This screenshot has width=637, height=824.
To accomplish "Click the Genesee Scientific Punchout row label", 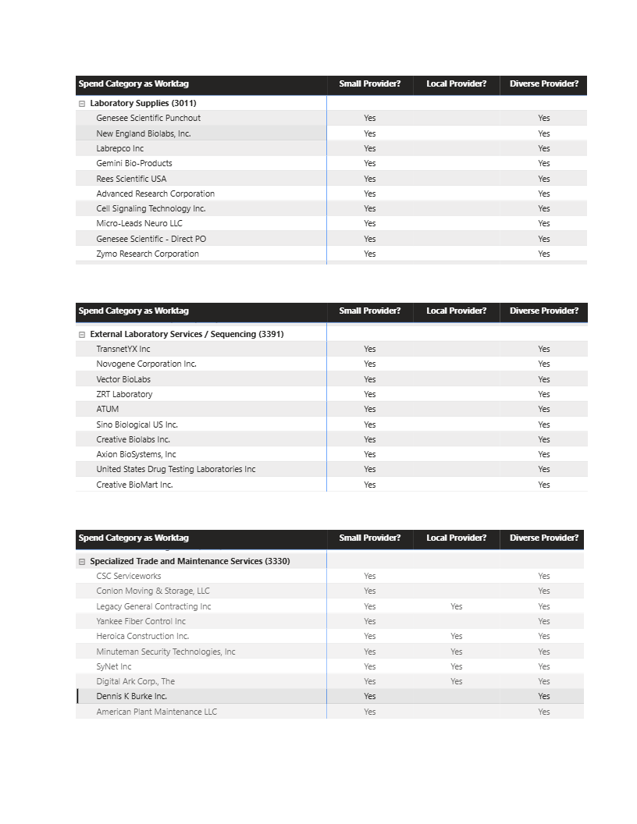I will [x=148, y=118].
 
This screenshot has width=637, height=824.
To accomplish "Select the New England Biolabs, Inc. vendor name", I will [x=144, y=133].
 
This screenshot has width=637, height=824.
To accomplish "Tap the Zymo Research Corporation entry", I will [x=148, y=254].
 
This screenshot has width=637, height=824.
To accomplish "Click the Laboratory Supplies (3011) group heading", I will [x=143, y=103].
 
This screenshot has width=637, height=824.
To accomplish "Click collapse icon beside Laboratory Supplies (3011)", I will [x=82, y=103].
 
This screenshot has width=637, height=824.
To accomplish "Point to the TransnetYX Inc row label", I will [x=123, y=349].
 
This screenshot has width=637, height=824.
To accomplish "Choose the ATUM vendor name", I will [x=108, y=409].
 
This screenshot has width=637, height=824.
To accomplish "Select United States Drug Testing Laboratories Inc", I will [x=176, y=469].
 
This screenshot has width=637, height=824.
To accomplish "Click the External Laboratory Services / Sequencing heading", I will [x=187, y=334].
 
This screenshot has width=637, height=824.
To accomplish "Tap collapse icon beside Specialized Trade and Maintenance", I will [x=82, y=561].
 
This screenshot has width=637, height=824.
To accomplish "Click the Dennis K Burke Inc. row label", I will [x=131, y=696].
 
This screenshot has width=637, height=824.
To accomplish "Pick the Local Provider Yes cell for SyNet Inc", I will [x=457, y=666].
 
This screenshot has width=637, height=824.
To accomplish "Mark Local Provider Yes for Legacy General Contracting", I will [x=457, y=606].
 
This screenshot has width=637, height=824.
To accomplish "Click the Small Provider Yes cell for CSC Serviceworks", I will [x=370, y=576].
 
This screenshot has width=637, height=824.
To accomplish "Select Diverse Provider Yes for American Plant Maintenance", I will [x=544, y=712].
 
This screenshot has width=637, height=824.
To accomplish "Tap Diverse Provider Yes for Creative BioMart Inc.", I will [x=544, y=485].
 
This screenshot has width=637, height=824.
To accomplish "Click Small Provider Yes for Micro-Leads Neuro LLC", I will [x=370, y=223].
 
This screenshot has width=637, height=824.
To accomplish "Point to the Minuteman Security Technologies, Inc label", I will [x=165, y=652].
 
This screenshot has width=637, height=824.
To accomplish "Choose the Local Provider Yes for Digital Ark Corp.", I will [x=457, y=681].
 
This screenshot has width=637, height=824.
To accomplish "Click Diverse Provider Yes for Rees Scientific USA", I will [x=544, y=179].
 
